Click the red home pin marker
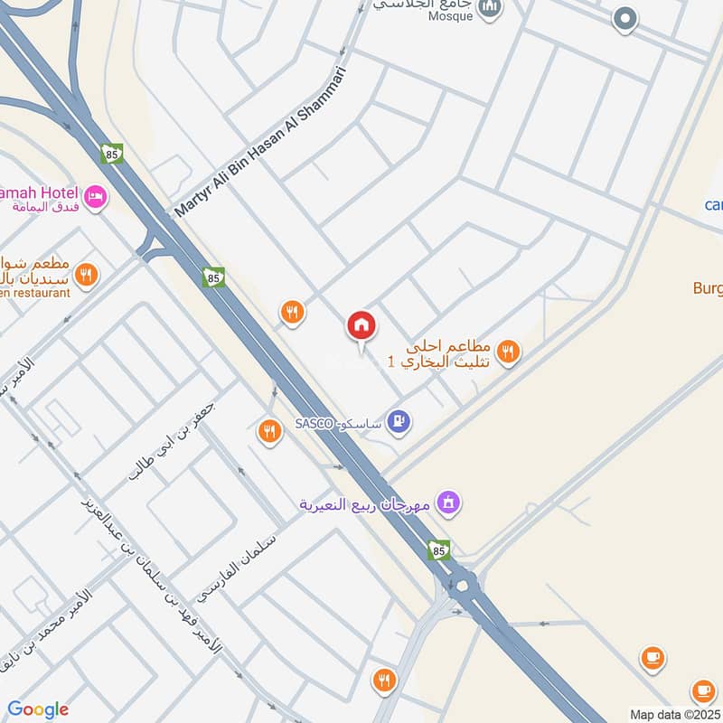361,326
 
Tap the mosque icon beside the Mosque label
491,8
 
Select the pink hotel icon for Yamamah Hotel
95,196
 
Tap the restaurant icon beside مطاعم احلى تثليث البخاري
508,352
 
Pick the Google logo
38,709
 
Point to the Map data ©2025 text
673,714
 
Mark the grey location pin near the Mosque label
624,18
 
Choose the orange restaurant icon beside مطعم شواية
86,275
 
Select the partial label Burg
708,289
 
